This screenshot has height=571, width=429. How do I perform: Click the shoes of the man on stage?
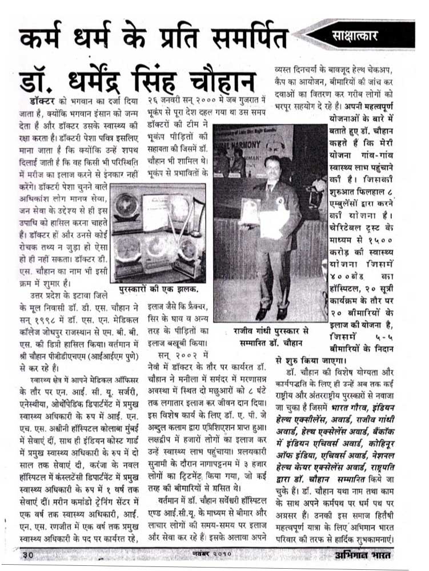[x=270, y=313]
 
